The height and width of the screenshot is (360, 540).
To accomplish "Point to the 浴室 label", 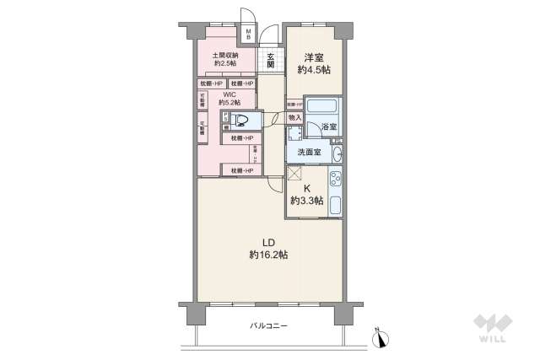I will tap(329, 127).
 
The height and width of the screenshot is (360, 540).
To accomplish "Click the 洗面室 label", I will tap(307, 153).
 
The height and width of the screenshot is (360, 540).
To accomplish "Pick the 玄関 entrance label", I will tap(271, 60).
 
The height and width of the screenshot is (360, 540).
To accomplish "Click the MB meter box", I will tap(249, 34).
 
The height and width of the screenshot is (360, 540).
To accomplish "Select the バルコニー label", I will tap(267, 325).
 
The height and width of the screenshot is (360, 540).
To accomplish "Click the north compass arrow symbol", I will tap(381, 336).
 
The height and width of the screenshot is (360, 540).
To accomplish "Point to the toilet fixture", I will tap(240, 121).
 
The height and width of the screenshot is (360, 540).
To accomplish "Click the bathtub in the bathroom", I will tap(321, 107).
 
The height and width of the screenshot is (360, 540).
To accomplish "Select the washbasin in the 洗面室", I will tap(336, 153).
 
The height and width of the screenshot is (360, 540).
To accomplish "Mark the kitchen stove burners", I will tap(334, 180).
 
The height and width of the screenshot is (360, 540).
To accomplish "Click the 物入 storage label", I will tap(295, 118).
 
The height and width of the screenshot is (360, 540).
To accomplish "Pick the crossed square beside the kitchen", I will tap(294, 173).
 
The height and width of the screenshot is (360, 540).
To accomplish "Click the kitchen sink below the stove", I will tap(334, 204).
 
